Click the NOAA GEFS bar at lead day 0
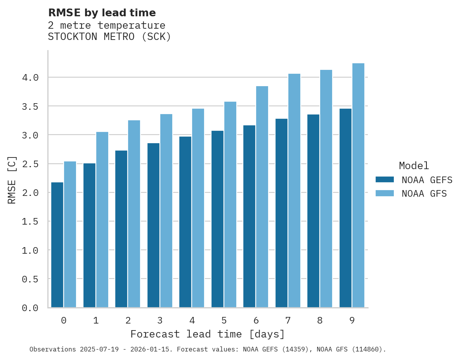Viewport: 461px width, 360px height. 57,245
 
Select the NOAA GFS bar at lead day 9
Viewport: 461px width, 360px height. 358,185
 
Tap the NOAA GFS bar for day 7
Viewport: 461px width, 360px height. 294,190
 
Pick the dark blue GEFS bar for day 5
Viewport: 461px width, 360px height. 217,219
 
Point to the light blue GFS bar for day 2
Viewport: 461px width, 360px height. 134,214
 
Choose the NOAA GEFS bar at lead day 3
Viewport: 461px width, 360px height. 153,225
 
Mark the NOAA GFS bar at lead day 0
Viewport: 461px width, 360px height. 70,234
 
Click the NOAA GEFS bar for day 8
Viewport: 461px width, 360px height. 313,211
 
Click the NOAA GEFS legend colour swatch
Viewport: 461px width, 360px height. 385,180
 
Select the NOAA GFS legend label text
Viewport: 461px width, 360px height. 424,194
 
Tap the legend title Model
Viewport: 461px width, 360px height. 414,166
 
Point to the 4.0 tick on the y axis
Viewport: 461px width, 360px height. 30,78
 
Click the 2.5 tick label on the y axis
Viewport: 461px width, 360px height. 30,164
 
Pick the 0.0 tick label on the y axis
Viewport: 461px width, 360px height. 30,308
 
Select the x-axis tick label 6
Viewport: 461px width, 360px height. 256,320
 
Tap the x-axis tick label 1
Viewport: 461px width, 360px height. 96,320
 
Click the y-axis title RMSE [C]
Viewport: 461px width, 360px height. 12,180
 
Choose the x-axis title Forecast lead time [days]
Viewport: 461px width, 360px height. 208,334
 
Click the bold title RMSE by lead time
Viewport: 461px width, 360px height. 102,13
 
